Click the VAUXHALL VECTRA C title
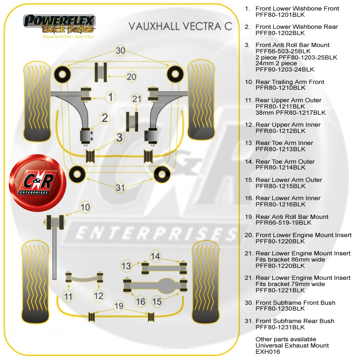coord(180,26)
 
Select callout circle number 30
coord(120,50)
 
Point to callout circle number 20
coord(132,76)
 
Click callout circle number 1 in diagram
coord(110,97)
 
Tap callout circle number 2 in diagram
coord(105,119)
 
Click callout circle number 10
coord(85,208)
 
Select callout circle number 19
coord(119,305)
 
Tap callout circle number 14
coord(155,256)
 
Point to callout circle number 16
coord(140,301)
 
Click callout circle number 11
coord(68,297)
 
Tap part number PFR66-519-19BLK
coord(283,223)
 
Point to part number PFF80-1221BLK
coord(280,290)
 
